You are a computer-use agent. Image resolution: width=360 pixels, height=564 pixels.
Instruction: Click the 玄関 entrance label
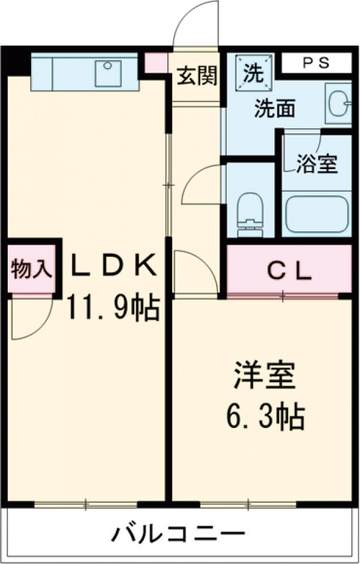[197, 77]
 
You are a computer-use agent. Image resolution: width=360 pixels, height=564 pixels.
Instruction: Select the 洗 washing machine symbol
[253, 73]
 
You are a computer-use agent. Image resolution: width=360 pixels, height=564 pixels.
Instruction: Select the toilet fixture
[250, 212]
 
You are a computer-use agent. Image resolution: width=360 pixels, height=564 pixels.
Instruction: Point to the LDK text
[114, 266]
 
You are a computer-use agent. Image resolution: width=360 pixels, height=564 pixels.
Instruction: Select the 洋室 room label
[264, 376]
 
